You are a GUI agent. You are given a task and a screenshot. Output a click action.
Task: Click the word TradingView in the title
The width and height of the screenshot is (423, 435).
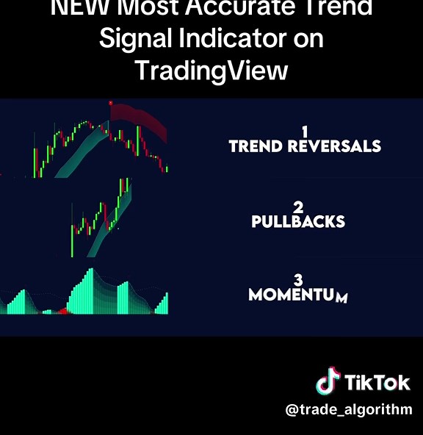211,70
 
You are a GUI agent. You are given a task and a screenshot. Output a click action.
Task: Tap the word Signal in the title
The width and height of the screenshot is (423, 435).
134,39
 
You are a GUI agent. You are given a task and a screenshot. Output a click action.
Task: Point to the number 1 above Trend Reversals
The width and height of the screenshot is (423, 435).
305,132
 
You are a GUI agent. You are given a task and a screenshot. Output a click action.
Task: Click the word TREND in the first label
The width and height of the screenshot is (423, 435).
256,146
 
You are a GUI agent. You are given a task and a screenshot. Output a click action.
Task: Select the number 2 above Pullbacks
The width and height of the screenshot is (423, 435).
298,207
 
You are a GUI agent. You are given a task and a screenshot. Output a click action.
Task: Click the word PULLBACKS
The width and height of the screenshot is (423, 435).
298,221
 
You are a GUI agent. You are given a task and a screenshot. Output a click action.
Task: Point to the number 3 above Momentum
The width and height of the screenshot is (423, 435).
298,280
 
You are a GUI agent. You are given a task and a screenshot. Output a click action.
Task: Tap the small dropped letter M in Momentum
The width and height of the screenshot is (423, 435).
341,298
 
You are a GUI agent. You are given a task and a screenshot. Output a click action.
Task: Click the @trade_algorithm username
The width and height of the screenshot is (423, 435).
349,410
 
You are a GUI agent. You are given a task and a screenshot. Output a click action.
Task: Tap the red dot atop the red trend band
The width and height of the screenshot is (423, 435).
110,103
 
